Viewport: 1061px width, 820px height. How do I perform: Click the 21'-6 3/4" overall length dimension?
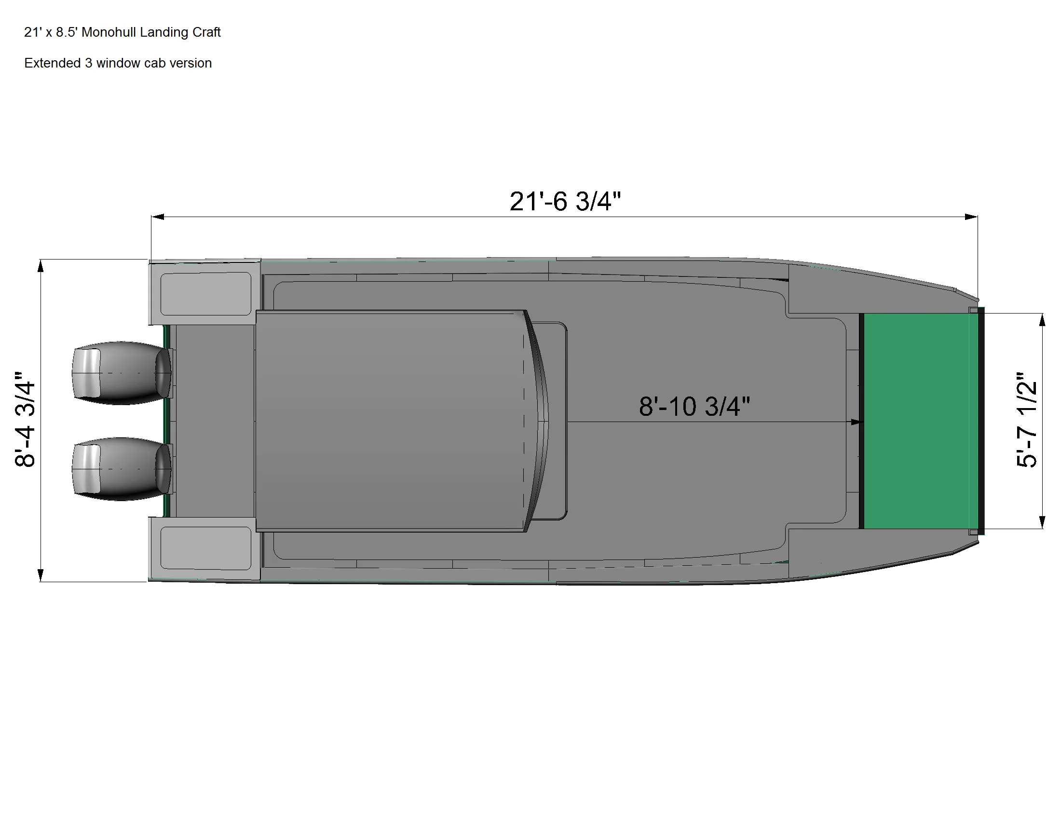[565, 201]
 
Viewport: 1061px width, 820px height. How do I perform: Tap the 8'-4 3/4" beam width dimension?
[25, 420]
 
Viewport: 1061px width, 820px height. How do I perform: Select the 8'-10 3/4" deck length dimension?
[694, 406]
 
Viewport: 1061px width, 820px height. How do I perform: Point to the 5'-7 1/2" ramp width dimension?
[1026, 420]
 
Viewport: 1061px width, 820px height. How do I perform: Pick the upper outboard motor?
[122, 373]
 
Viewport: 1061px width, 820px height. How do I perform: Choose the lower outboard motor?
[122, 469]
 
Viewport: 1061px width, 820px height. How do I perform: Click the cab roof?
[389, 421]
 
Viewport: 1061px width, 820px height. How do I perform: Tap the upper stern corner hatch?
[205, 293]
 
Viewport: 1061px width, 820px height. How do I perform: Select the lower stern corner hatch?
[205, 547]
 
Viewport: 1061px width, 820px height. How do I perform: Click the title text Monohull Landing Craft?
[122, 32]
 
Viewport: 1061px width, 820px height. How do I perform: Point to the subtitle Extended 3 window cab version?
[118, 63]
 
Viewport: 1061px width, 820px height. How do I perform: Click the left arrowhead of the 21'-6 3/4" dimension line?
[157, 217]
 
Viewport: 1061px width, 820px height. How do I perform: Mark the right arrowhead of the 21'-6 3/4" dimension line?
[971, 217]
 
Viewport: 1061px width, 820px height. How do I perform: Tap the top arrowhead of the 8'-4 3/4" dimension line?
[41, 266]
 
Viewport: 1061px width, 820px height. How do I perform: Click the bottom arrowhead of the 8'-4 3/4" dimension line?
[41, 575]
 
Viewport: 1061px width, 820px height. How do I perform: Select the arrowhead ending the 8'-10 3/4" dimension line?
[855, 422]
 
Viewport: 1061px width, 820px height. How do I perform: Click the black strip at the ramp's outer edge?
[981, 421]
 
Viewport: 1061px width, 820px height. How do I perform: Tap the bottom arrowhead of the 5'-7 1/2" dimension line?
[1042, 522]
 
